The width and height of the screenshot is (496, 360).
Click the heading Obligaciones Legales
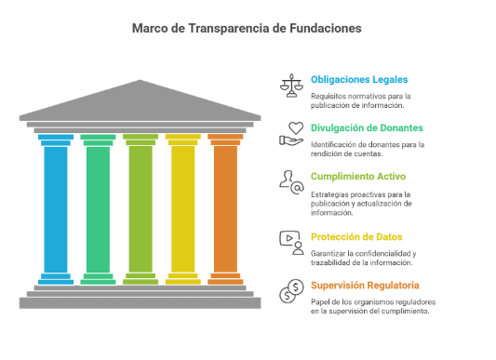pyautogui.click(x=359, y=79)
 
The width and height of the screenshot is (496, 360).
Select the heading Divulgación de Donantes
pyautogui.click(x=367, y=127)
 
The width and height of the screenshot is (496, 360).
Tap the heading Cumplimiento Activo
pyautogui.click(x=358, y=176)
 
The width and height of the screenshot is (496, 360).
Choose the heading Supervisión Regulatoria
pyautogui.click(x=365, y=285)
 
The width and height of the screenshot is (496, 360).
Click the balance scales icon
pyautogui.click(x=291, y=86)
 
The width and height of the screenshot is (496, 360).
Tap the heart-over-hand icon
pyautogui.click(x=292, y=134)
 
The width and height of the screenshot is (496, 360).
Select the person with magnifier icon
pyautogui.click(x=291, y=181)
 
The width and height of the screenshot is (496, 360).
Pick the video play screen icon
pyautogui.click(x=291, y=242)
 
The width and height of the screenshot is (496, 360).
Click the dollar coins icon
pyautogui.click(x=291, y=291)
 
